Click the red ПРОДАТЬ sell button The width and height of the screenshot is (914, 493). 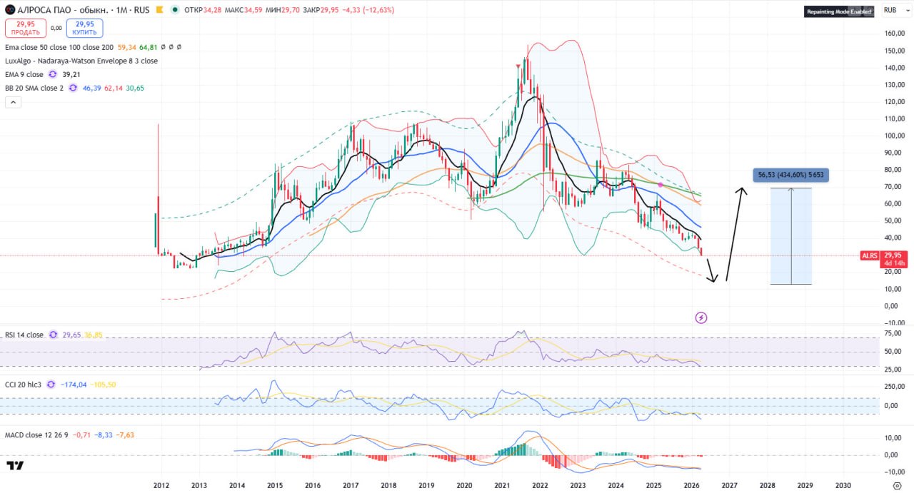tap(26, 28)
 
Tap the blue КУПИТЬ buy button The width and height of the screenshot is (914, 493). tap(85, 28)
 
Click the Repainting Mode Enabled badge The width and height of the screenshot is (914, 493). tap(839, 11)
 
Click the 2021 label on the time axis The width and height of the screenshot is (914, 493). tap(501, 485)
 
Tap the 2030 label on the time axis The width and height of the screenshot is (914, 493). tap(843, 485)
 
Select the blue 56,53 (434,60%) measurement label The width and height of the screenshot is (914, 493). tap(790, 175)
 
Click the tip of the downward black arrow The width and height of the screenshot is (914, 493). tap(713, 281)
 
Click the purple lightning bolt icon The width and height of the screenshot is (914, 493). tap(701, 317)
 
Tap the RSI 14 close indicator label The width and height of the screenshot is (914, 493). tap(24, 335)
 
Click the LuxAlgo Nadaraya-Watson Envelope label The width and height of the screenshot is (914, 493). tap(81, 61)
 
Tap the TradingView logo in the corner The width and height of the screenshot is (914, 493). tap(15, 466)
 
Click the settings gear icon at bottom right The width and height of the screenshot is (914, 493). tap(897, 485)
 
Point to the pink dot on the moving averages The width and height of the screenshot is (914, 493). tap(661, 185)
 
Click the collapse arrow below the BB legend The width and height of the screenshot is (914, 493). tap(13, 102)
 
